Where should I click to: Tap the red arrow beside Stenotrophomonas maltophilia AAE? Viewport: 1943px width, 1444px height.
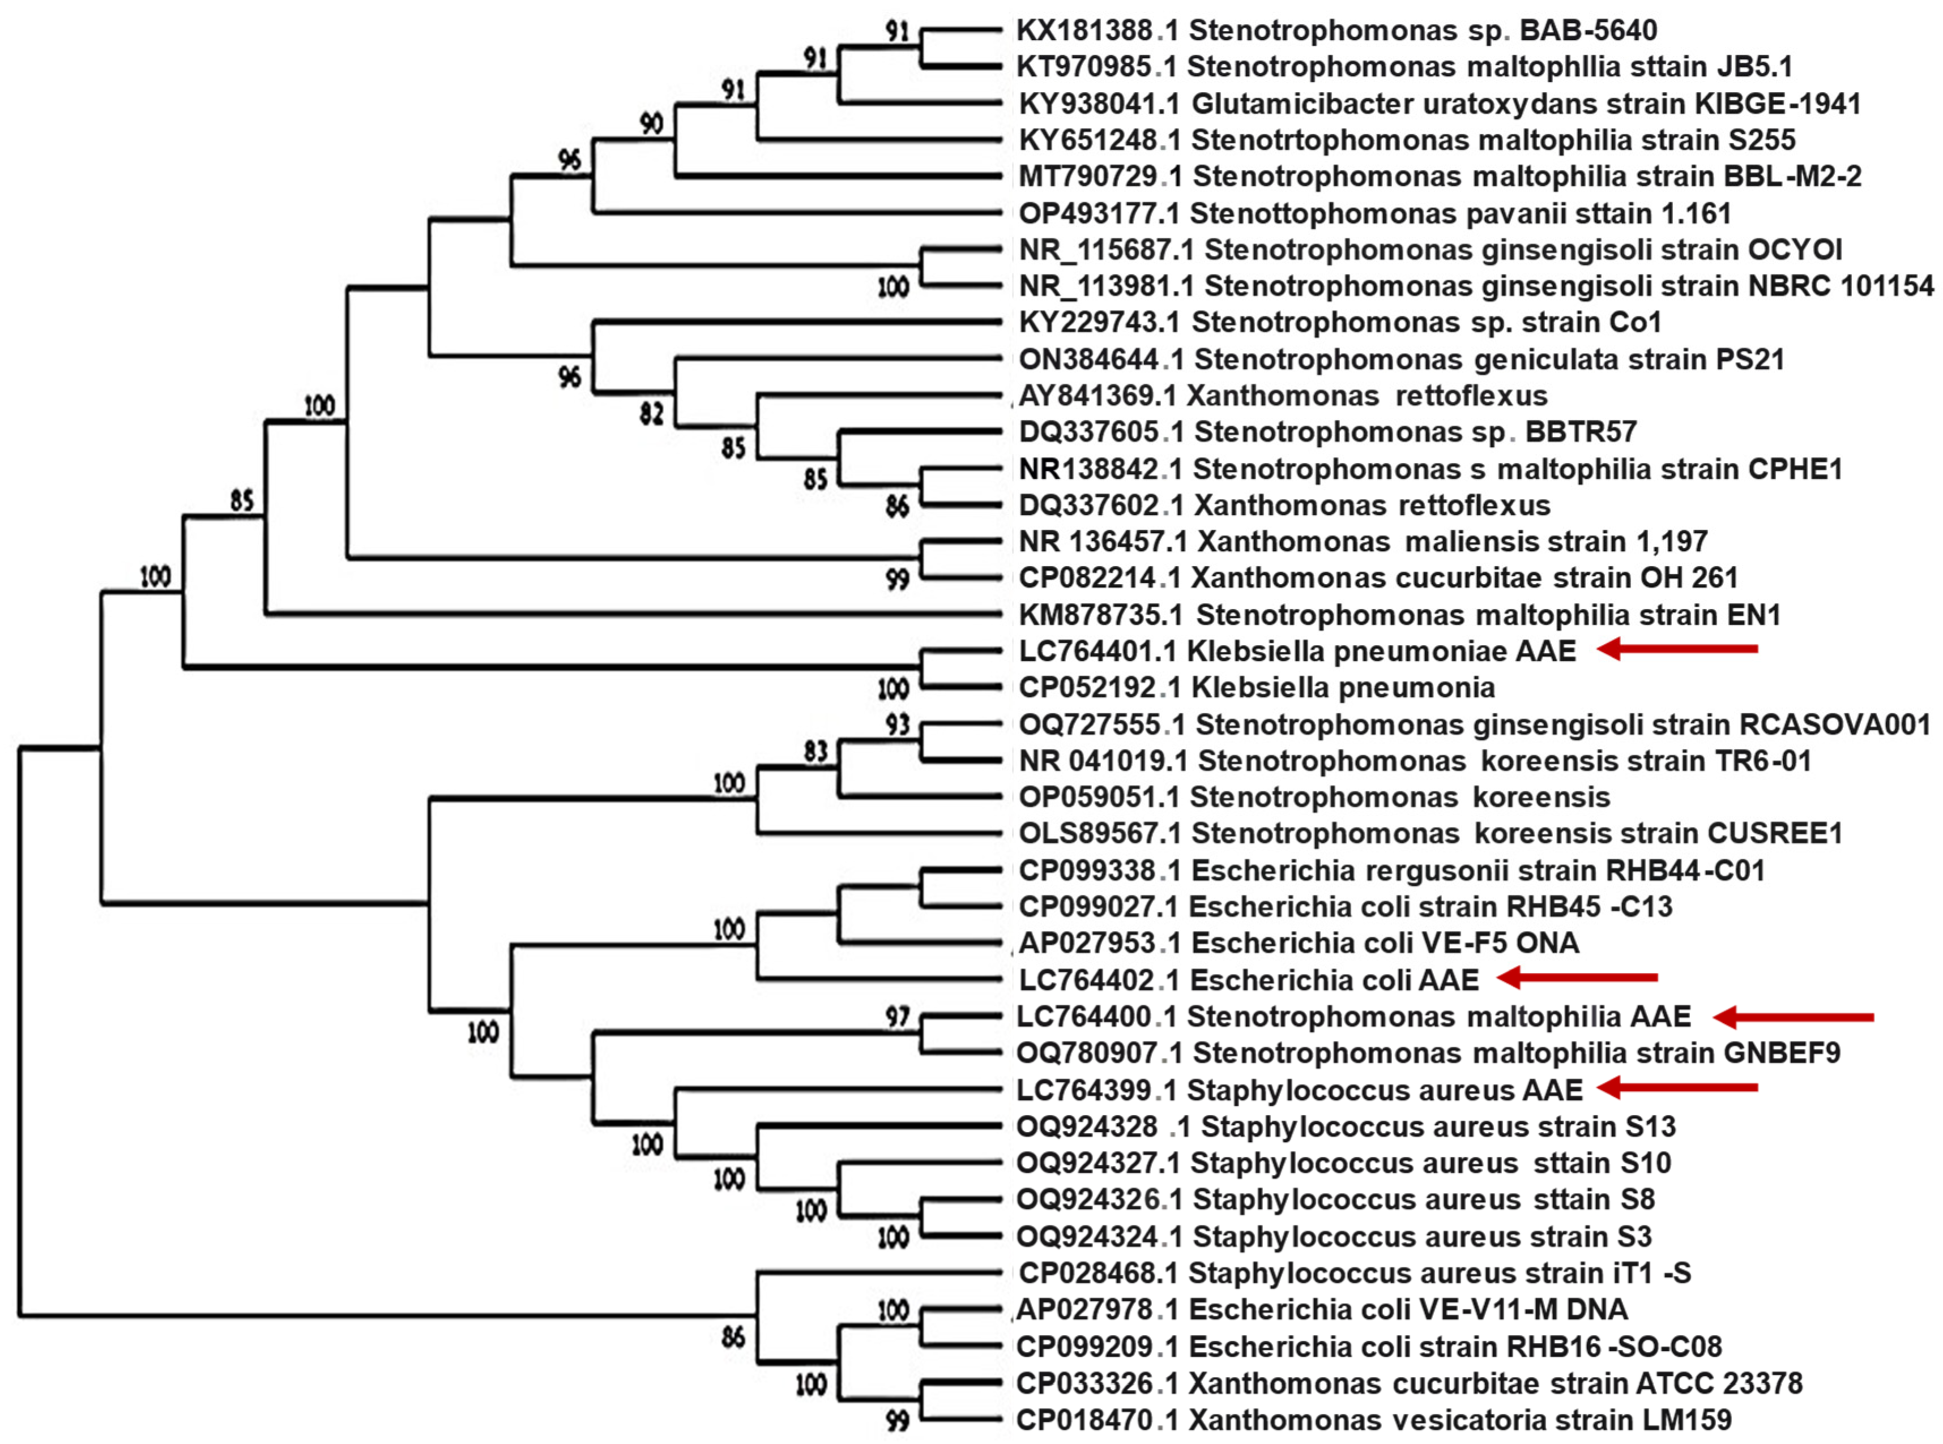[x=1792, y=1017]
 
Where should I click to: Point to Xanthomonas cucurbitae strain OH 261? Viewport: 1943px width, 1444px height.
[x=1464, y=578]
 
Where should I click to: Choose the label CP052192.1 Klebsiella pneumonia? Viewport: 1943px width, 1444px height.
[x=1257, y=688]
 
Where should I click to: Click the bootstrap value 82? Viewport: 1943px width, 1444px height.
[x=651, y=413]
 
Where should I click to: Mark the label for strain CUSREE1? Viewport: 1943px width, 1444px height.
[x=1430, y=834]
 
